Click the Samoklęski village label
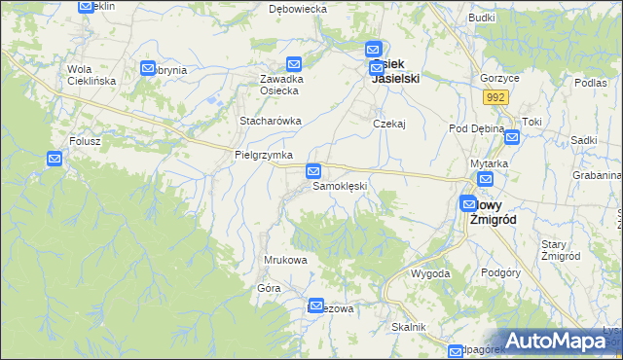pos(338,186)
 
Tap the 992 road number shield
pos(496,97)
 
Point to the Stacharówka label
pos(271,121)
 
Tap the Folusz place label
pos(85,141)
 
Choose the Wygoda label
pos(430,273)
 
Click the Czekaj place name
pos(388,125)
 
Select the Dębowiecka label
pos(297,9)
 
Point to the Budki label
pos(482,18)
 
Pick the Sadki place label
pos(584,140)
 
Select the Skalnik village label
pos(409,327)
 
